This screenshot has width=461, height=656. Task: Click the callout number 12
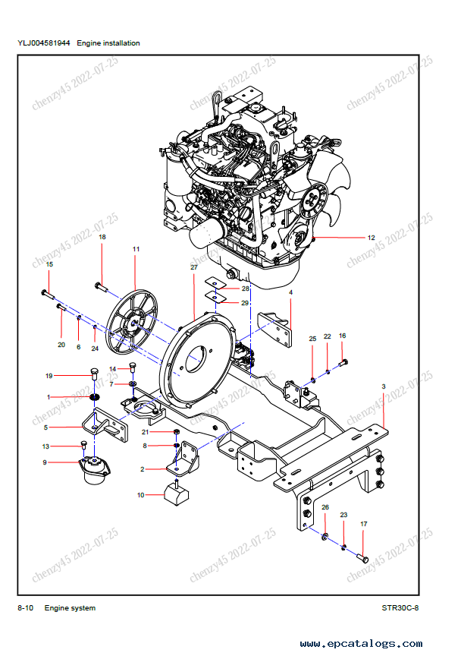pos(372,238)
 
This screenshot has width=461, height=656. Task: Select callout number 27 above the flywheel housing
pos(194,267)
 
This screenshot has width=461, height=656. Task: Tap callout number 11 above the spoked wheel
pos(136,250)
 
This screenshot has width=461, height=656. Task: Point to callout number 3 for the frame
pos(384,386)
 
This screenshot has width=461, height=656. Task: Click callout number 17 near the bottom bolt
pos(363,524)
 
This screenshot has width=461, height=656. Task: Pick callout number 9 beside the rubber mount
pos(45,462)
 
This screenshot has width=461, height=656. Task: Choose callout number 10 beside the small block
pos(140,495)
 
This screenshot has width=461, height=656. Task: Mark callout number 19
pos(49,376)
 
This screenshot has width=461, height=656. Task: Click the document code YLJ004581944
pos(44,43)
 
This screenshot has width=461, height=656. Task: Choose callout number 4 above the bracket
pos(290,292)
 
